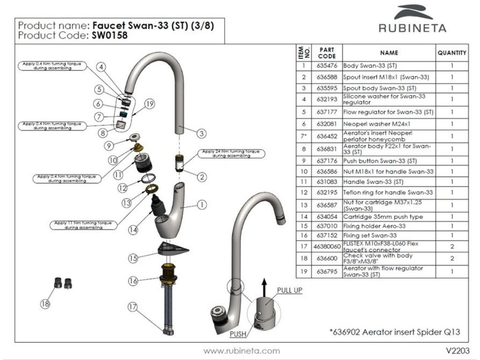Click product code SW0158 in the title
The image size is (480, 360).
110,35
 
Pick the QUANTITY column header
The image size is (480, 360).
452,53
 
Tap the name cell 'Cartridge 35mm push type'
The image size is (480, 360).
383,217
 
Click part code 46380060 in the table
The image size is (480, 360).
326,246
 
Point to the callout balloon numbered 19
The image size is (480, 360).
150,105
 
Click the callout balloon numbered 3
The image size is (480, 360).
202,134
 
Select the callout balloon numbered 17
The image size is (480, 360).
134,307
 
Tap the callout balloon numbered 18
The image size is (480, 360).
45,304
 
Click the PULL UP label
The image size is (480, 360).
289,290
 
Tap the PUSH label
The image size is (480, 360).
238,334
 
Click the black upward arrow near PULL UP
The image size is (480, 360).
264,286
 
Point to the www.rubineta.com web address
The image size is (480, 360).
241,351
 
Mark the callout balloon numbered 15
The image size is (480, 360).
134,258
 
